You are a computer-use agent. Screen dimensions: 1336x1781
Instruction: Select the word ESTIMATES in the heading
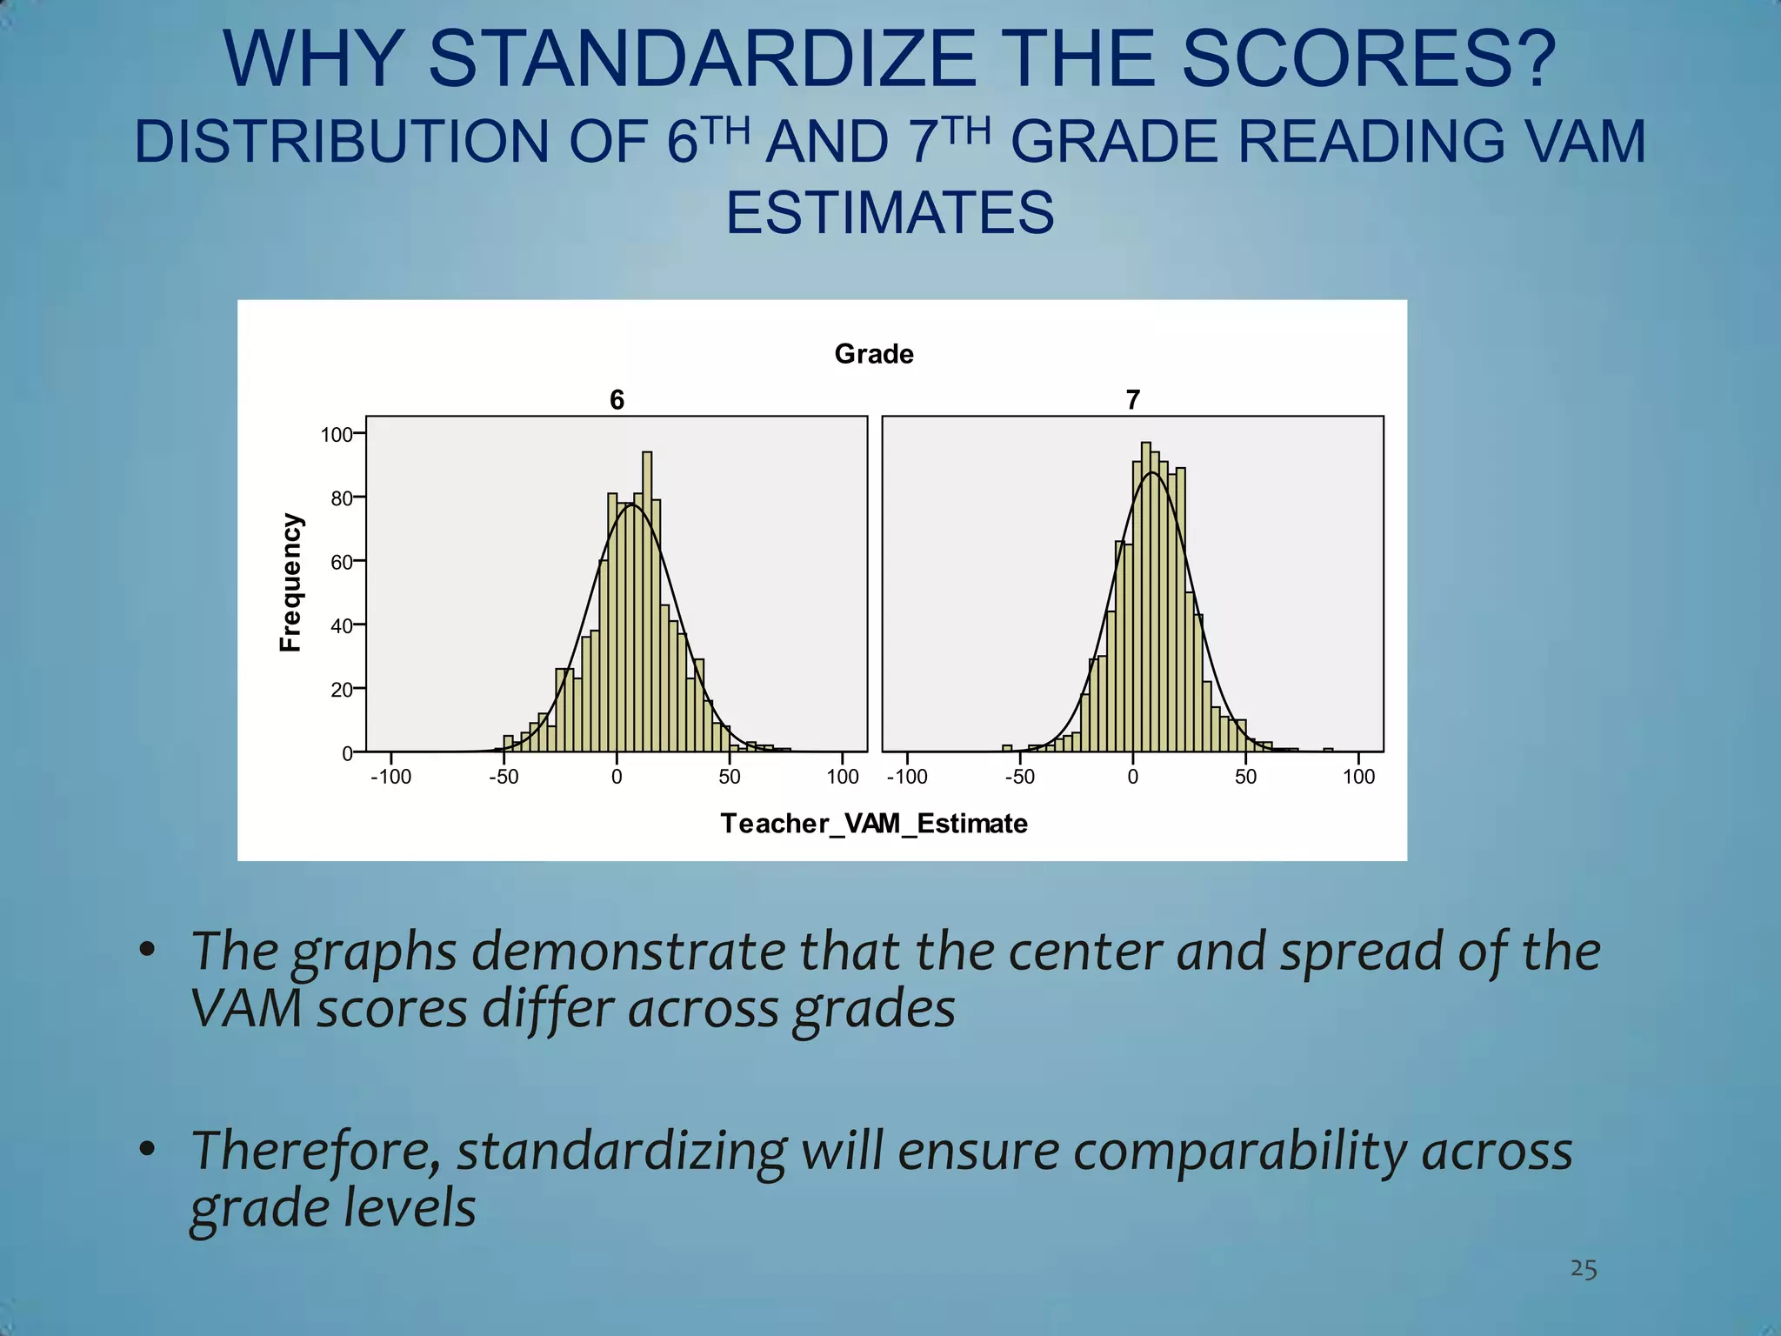coord(890,213)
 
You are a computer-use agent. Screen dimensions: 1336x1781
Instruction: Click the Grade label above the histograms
coord(874,354)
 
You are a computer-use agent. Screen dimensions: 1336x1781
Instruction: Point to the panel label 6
coord(617,400)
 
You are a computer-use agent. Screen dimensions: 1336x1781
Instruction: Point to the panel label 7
coord(1132,400)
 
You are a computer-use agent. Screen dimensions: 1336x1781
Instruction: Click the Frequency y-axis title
coord(290,582)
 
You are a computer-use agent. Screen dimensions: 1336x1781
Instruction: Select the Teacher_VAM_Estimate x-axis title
coord(874,824)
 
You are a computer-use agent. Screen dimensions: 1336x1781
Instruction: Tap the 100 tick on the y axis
coord(336,435)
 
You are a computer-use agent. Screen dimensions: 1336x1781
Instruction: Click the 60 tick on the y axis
coord(341,562)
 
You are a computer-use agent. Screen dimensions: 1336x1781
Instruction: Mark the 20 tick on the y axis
coord(341,690)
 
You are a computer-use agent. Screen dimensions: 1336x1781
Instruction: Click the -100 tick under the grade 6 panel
coord(390,777)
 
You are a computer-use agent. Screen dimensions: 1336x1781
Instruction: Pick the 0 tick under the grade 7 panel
coord(1132,777)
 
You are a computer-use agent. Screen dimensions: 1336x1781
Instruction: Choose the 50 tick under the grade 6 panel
coord(730,777)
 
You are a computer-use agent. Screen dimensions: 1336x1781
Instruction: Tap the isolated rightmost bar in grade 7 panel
coord(1328,750)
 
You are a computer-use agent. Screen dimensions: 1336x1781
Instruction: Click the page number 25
coord(1583,1269)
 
